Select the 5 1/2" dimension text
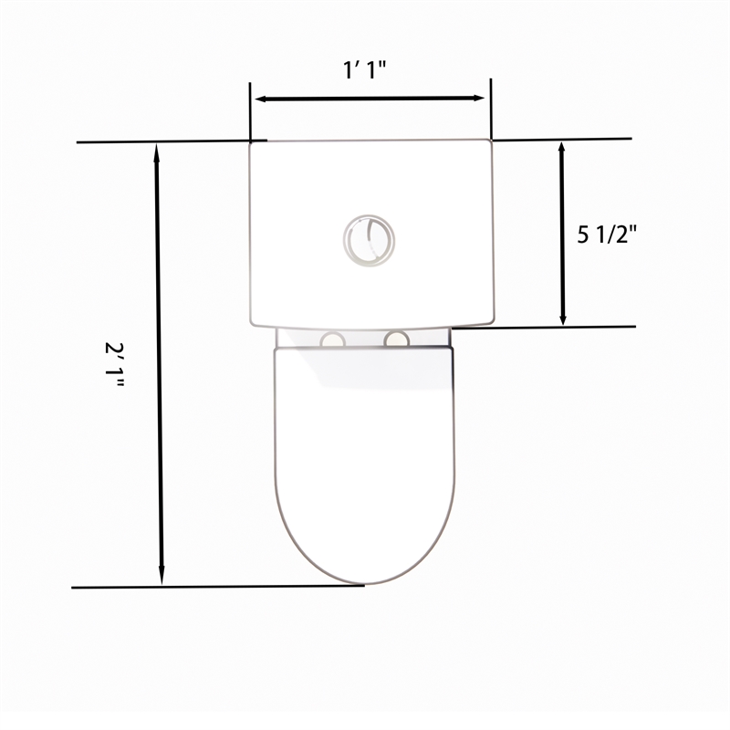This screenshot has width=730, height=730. (x=606, y=234)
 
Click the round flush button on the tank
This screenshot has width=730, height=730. (x=370, y=241)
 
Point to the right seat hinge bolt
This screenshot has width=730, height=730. (x=396, y=340)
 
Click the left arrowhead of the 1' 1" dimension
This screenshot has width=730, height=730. (x=260, y=99)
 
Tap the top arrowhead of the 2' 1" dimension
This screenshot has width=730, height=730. (x=159, y=152)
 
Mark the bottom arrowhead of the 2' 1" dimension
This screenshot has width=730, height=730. (x=162, y=575)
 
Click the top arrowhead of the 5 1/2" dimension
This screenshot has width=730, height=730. (x=562, y=150)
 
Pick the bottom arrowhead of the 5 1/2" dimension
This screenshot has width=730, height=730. (x=563, y=316)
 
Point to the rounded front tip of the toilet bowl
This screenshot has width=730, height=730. (x=364, y=582)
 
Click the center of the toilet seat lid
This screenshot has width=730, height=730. (x=364, y=456)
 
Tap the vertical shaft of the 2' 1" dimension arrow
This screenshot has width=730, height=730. (x=160, y=365)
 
